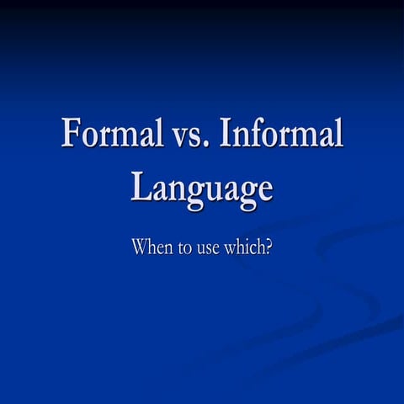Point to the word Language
point(202,187)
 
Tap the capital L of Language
point(141,184)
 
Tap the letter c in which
point(252,249)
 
